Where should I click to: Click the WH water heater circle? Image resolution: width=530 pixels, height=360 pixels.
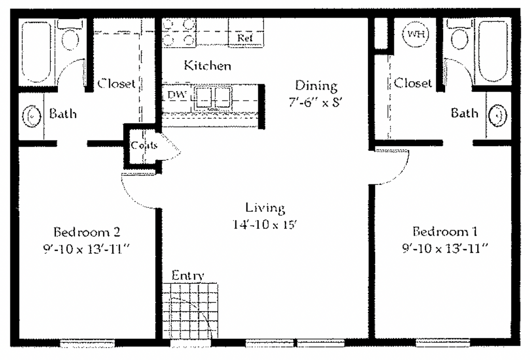[x=416, y=34]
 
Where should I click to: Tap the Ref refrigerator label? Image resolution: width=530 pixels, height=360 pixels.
[x=245, y=38]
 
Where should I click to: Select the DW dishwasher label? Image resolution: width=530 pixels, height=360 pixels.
[x=177, y=95]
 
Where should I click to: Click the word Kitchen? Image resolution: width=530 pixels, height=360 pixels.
[x=208, y=65]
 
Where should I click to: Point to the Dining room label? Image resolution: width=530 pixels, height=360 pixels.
[x=316, y=85]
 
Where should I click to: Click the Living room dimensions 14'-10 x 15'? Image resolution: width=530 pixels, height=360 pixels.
[x=264, y=224]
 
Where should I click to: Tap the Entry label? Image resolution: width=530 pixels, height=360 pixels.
[x=188, y=276]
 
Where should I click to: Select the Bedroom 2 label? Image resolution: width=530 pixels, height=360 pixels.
[x=87, y=232]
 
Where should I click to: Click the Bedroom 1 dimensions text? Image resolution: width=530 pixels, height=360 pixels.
[x=445, y=249]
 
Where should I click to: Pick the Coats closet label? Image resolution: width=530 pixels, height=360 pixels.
[x=144, y=146]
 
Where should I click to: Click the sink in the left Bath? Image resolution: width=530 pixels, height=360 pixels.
[x=32, y=116]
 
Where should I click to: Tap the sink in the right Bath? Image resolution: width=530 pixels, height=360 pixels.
[x=497, y=116]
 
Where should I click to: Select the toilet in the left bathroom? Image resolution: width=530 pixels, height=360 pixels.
[x=70, y=36]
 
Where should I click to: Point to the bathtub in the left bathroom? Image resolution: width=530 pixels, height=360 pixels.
[x=36, y=52]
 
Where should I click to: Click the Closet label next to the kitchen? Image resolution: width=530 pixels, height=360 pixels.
[x=116, y=83]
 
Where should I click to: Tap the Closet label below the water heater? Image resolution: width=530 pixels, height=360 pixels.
[x=413, y=83]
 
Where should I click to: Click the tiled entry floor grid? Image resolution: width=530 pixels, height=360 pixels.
[x=190, y=311]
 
